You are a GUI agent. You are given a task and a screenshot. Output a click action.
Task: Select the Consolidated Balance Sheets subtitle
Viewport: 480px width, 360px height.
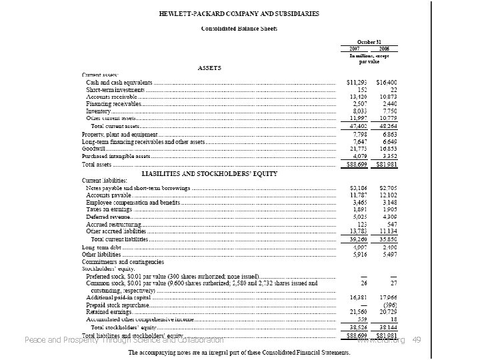[240, 29]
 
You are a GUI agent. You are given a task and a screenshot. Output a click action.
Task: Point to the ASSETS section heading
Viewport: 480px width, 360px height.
[209, 68]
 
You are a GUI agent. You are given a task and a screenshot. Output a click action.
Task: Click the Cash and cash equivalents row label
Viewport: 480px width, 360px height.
[119, 82]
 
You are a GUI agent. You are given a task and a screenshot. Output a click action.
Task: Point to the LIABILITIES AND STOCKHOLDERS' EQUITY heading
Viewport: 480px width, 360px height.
[209, 174]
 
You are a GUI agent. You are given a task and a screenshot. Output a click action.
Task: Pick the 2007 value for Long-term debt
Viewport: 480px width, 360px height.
[359, 247]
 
